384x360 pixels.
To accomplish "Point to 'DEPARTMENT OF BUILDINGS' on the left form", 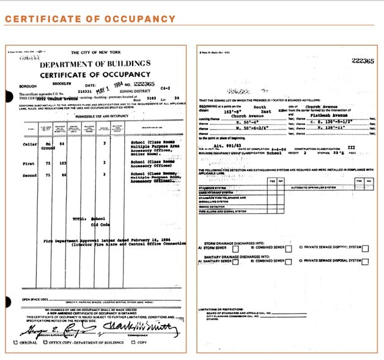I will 95,64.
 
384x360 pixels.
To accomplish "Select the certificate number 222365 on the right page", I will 363,61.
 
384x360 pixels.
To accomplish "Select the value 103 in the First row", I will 61,182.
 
